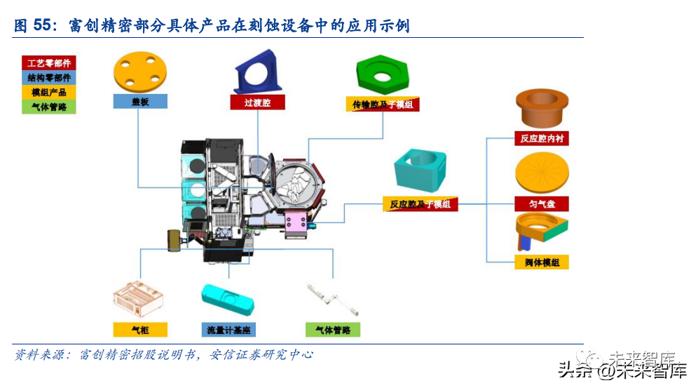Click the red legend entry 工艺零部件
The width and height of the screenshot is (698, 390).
pyautogui.click(x=49, y=63)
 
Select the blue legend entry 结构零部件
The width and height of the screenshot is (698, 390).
pyautogui.click(x=49, y=78)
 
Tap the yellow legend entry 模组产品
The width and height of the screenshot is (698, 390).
pyautogui.click(x=49, y=93)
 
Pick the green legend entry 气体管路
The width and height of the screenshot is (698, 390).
pyautogui.click(x=49, y=107)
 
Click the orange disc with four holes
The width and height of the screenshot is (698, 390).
pyautogui.click(x=140, y=72)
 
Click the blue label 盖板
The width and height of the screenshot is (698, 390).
pyautogui.click(x=140, y=102)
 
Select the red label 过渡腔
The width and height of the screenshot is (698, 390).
pyautogui.click(x=259, y=102)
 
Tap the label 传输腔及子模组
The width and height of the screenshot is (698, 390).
pyautogui.click(x=383, y=105)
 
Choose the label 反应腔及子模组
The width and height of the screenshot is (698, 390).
pyautogui.click(x=420, y=205)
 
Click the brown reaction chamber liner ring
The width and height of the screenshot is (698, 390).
pyautogui.click(x=541, y=109)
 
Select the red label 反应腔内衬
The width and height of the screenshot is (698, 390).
pyautogui.click(x=541, y=139)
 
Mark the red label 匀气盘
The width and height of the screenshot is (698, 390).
pyautogui.click(x=541, y=204)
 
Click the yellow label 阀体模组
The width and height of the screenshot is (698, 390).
pyautogui.click(x=541, y=263)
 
